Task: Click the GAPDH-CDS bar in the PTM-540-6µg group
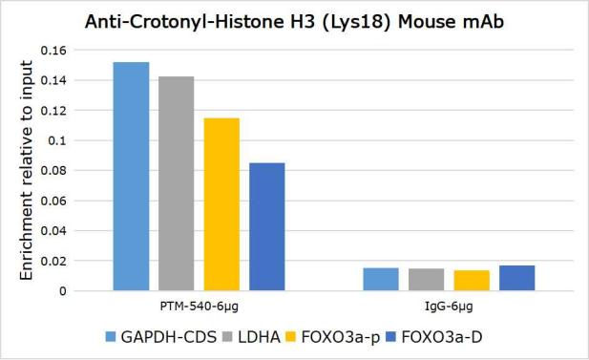pyautogui.click(x=131, y=177)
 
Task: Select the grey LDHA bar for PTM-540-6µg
pyautogui.click(x=177, y=183)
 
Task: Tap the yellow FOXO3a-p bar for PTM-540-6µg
pyautogui.click(x=221, y=204)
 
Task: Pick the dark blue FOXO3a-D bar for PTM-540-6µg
pyautogui.click(x=267, y=226)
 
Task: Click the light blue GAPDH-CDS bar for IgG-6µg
pyautogui.click(x=381, y=279)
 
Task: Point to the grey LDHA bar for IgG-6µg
pyautogui.click(x=427, y=280)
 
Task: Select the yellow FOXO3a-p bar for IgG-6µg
pyautogui.click(x=472, y=281)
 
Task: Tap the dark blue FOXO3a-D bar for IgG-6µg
pyautogui.click(x=516, y=278)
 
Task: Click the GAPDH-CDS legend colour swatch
pyautogui.click(x=111, y=337)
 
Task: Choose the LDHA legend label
pyautogui.click(x=260, y=337)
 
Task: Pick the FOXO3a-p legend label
pyautogui.click(x=341, y=337)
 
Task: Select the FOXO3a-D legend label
pyautogui.click(x=441, y=337)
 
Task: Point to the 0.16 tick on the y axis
pyautogui.click(x=53, y=51)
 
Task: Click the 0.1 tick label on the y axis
pyautogui.click(x=57, y=141)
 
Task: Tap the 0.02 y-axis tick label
pyautogui.click(x=53, y=262)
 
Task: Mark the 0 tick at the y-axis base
pyautogui.click(x=63, y=291)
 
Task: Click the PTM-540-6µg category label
pyautogui.click(x=200, y=307)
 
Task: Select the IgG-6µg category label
pyautogui.click(x=449, y=307)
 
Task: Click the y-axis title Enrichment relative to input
pyautogui.click(x=27, y=170)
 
